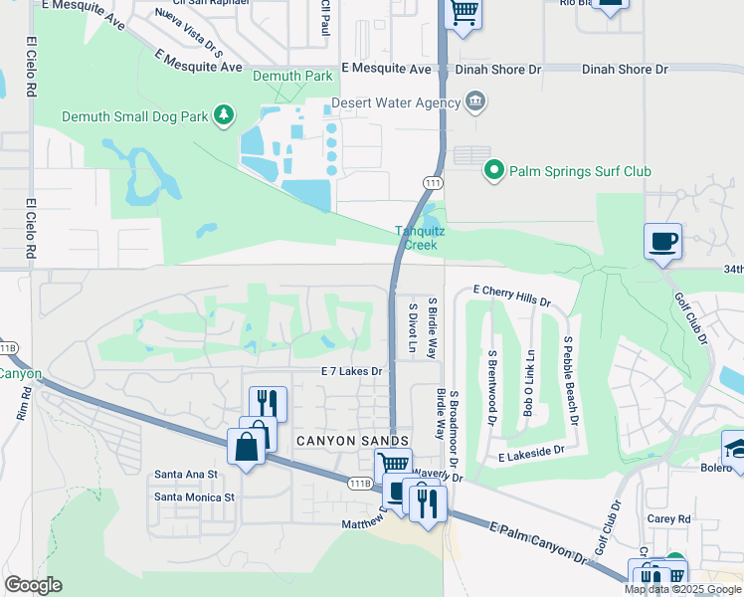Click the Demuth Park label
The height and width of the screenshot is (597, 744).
pos(291,76)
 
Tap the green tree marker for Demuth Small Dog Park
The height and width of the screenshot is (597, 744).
pos(226,116)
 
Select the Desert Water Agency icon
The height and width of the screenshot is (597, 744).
pos(475,101)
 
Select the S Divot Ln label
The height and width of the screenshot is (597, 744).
pos(412,327)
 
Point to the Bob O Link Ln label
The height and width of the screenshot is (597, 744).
pos(530,382)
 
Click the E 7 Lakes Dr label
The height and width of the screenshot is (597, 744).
pos(351,371)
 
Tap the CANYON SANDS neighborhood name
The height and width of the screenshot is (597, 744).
pos(351,441)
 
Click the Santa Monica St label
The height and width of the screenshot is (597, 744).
pos(194,496)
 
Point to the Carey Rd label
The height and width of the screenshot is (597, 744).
pos(668,518)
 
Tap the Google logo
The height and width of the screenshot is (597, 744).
pos(33,585)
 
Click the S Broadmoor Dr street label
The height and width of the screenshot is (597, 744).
pos(452,387)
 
